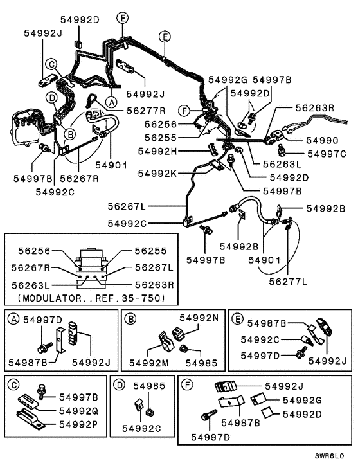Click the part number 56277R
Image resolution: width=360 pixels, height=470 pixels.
[147, 110]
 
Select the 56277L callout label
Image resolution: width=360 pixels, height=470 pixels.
[287, 281]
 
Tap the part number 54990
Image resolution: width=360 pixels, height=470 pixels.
[321, 140]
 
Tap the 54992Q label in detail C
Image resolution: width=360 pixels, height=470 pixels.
[78, 410]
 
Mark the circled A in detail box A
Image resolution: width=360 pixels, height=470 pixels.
[13, 318]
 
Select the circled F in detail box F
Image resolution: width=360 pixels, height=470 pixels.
[186, 384]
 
